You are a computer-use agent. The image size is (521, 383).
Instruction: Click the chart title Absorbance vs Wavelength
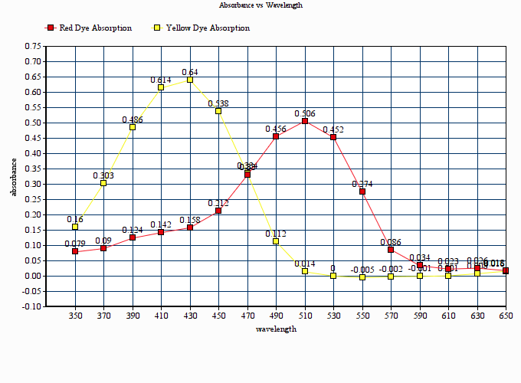(260, 5)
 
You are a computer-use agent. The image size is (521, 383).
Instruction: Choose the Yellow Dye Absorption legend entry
(202, 28)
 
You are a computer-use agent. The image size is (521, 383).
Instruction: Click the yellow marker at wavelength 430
(190, 80)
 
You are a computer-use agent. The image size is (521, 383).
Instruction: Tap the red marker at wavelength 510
(305, 121)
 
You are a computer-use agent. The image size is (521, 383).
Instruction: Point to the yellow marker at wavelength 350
(75, 227)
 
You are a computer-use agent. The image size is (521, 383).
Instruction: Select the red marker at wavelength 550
(362, 191)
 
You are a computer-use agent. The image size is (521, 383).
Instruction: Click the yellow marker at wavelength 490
(276, 241)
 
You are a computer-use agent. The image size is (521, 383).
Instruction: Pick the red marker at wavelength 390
(133, 237)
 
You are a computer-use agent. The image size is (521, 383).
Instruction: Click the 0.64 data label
(190, 72)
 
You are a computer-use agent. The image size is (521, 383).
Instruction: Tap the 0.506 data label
(305, 113)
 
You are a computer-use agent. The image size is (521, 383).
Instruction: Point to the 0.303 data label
(103, 175)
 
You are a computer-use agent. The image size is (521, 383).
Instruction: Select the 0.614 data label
(161, 80)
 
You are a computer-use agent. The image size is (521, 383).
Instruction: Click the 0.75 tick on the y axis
(33, 46)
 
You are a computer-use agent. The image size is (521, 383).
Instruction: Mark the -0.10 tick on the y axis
(31, 306)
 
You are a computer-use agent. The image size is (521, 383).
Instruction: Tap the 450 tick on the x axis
(218, 316)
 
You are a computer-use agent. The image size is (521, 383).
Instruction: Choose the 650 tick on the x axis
(506, 316)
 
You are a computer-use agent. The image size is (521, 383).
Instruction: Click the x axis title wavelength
(276, 329)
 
